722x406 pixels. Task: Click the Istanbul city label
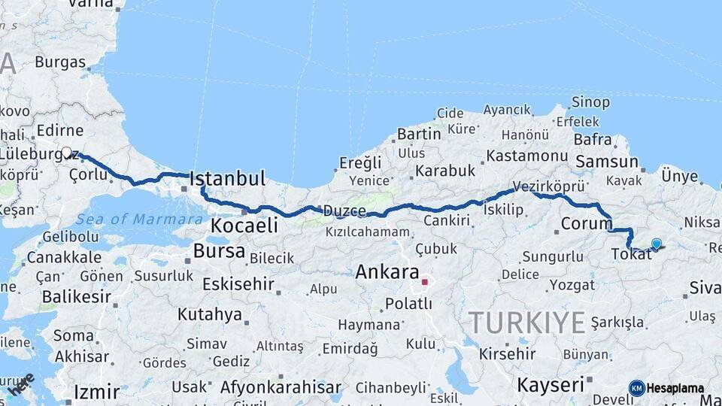point(227,179)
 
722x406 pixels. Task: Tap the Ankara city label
point(387,271)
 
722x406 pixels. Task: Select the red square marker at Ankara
point(424,282)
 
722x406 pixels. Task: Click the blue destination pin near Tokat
point(657,244)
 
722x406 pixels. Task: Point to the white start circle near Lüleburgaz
point(67,153)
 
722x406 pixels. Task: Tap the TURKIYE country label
point(527,323)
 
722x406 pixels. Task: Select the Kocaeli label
point(244,225)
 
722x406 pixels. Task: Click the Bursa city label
point(219,250)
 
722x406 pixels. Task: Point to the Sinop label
point(590,101)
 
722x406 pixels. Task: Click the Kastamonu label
point(526,156)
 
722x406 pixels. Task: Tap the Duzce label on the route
point(344,211)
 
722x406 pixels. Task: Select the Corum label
point(587,224)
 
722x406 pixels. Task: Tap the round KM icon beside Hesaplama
point(637,388)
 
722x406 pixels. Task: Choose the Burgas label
point(59,62)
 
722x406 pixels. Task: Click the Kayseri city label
point(551,385)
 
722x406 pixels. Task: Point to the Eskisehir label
point(237,284)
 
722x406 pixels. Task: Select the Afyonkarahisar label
point(281,388)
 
